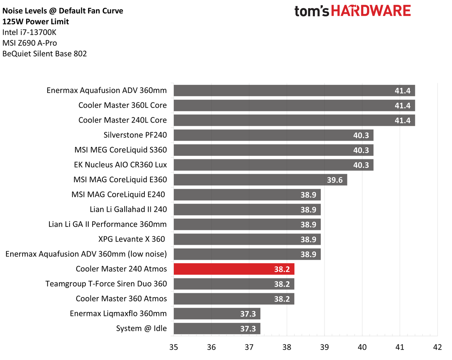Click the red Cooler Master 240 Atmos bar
[234, 269]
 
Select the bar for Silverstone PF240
[273, 135]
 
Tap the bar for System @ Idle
[217, 328]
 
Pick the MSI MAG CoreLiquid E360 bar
[261, 180]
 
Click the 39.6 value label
[335, 180]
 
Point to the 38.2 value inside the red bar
[282, 269]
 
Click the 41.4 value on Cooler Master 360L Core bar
[403, 106]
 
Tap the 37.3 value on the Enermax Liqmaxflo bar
[248, 314]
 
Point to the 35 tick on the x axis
[173, 347]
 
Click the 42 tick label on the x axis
[438, 347]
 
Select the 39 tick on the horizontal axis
[324, 347]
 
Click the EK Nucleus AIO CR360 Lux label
[120, 165]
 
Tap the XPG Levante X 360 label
[132, 239]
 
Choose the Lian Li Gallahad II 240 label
[128, 209]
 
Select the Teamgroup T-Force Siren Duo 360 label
[106, 284]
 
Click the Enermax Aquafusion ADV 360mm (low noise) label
[86, 254]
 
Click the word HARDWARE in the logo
[371, 11]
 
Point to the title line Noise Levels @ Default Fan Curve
[63, 11]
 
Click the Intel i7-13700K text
[29, 32]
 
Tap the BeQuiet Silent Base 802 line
[44, 54]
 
